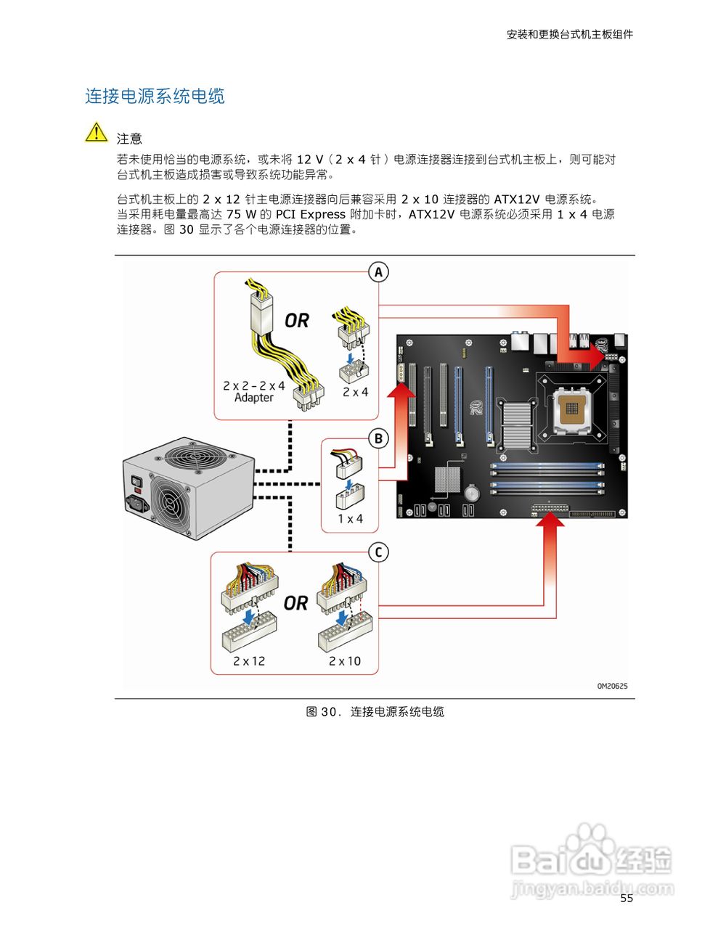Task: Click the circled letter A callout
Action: point(378,272)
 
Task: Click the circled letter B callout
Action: point(378,438)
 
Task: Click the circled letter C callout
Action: point(378,552)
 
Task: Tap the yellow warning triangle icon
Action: point(96,133)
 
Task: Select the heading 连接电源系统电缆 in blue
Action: point(155,96)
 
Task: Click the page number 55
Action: point(627,899)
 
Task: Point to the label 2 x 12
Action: point(249,661)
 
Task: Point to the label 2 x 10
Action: point(344,661)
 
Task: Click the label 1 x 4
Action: point(350,519)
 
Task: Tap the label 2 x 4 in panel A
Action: point(355,392)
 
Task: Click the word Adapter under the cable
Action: point(254,398)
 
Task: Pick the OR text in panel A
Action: point(296,320)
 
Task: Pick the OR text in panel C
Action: point(295,603)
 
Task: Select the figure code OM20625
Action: point(612,686)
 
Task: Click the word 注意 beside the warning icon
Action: point(129,139)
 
